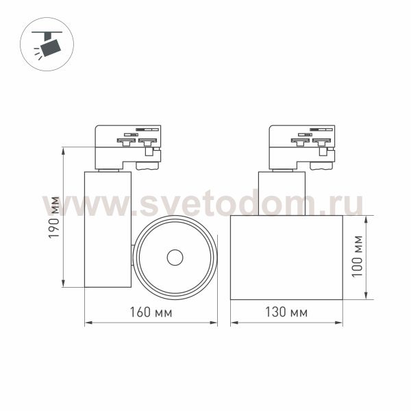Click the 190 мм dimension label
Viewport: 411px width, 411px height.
point(54,217)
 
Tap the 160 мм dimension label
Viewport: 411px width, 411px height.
point(151,312)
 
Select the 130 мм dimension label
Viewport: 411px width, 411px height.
point(286,312)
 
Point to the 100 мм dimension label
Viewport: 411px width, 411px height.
point(357,256)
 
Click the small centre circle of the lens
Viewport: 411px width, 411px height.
point(175,258)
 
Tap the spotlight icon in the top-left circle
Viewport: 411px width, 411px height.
point(47,44)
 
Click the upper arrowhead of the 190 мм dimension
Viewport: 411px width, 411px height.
point(63,151)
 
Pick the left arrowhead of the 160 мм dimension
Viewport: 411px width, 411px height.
point(88,323)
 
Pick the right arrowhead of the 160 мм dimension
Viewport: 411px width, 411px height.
point(213,323)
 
